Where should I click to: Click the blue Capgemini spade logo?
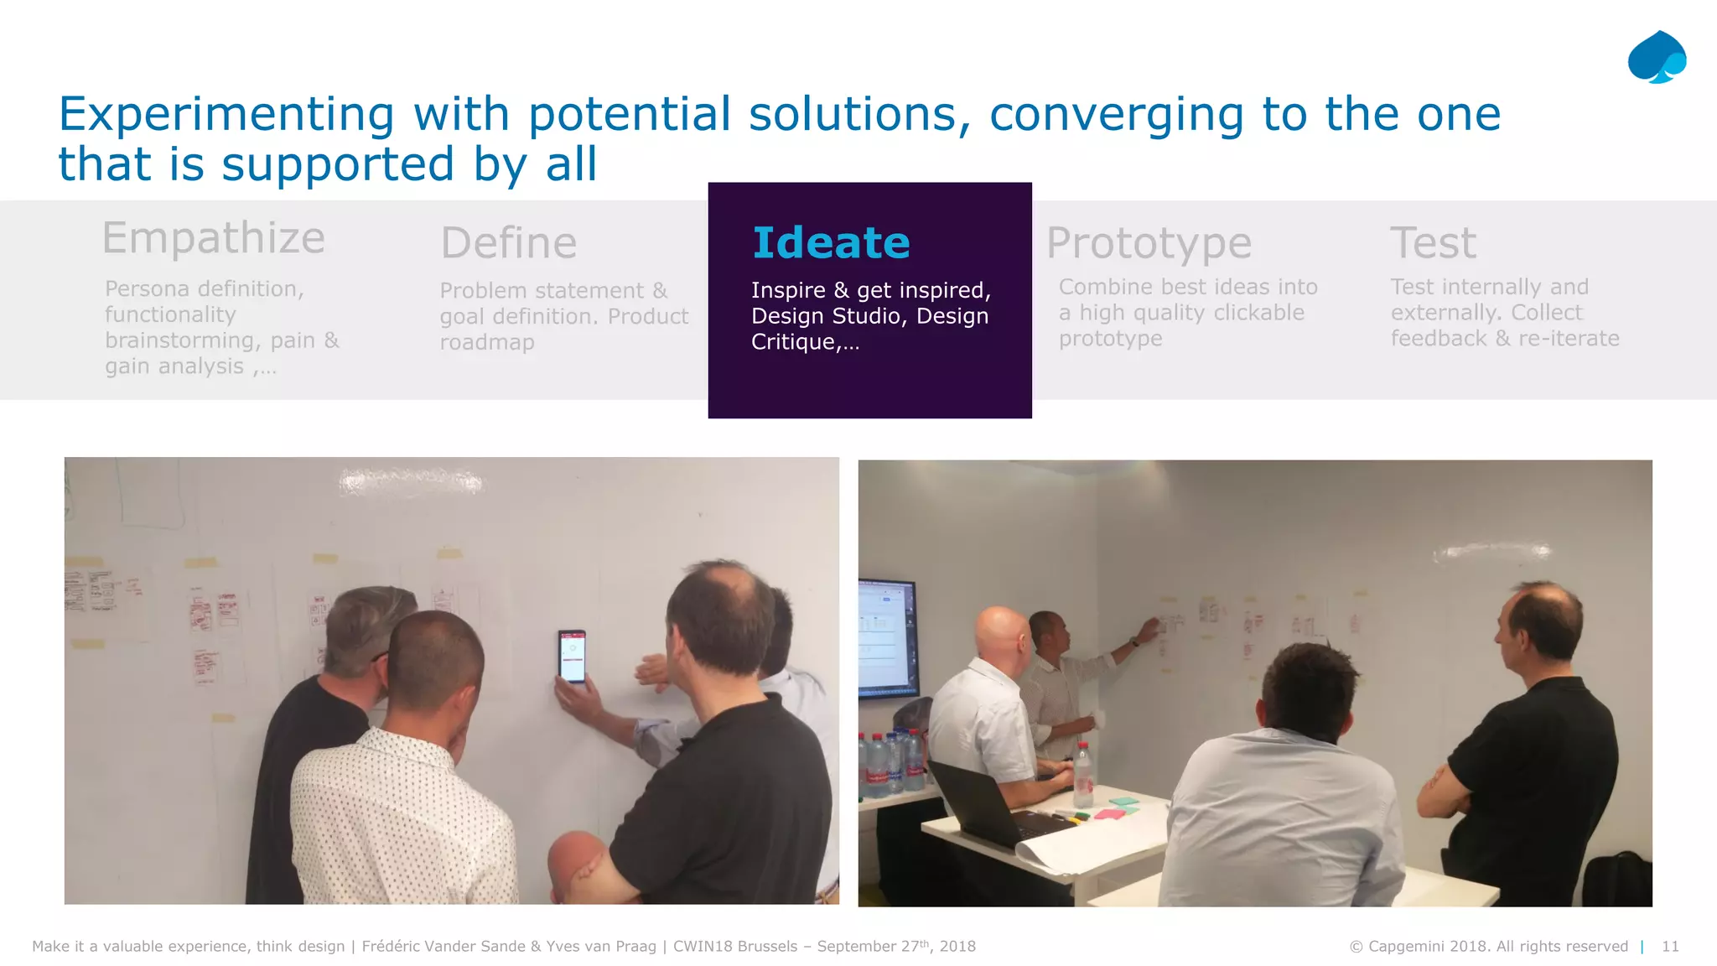click(1656, 57)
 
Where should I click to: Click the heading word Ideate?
click(831, 243)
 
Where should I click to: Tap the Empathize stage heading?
click(213, 238)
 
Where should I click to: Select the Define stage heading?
click(508, 243)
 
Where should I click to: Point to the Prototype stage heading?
click(1149, 243)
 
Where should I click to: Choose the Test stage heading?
click(1433, 243)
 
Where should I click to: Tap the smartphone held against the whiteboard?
click(572, 657)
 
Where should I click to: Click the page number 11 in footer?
click(1669, 946)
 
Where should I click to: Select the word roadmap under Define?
click(487, 342)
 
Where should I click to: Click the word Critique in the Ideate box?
click(793, 342)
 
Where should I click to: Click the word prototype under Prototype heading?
click(1110, 339)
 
